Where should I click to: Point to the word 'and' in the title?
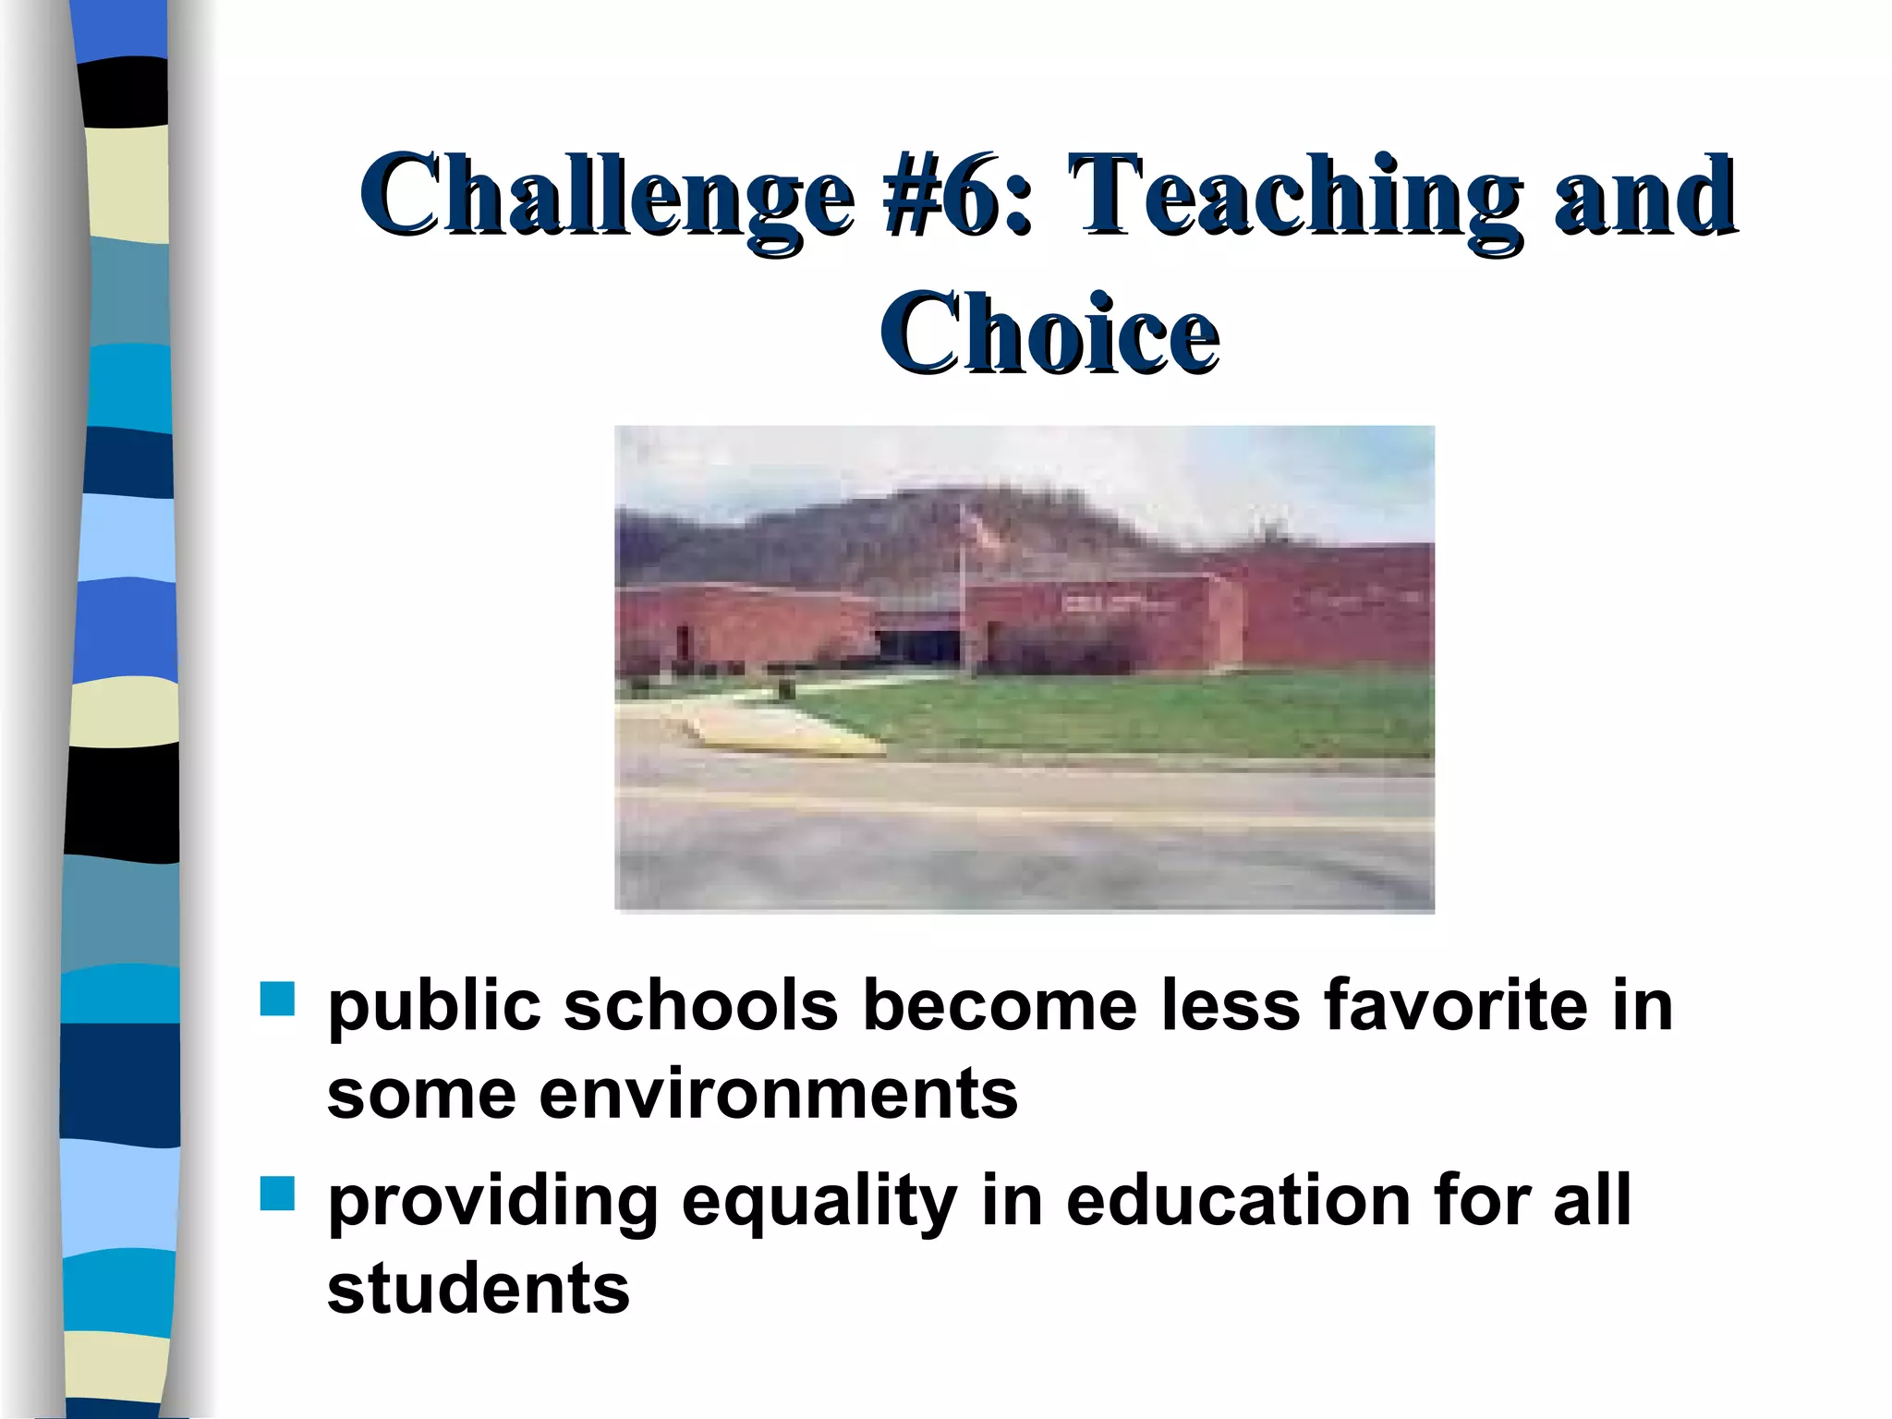point(1644,197)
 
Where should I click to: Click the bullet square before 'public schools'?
point(276,999)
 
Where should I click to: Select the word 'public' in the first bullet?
point(434,1007)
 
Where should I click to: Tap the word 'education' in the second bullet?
point(1238,1200)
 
